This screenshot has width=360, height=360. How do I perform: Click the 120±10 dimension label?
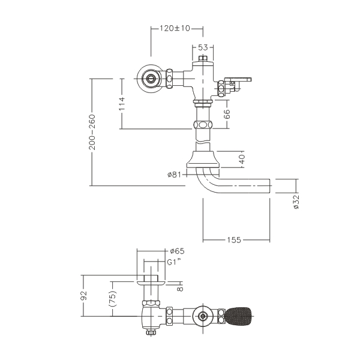point(175,28)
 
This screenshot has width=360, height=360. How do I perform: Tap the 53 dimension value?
point(203,47)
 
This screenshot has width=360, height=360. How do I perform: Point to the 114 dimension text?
point(122,103)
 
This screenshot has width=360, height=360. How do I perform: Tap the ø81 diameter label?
point(174,175)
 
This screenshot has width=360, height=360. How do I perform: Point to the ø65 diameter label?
point(176,251)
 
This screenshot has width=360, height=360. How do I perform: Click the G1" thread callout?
point(175,262)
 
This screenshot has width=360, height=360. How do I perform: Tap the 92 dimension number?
point(84,296)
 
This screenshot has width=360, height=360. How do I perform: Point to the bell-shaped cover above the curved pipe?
point(203,160)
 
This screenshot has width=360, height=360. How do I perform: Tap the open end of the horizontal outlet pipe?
point(269,186)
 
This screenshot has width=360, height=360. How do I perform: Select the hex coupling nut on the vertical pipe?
point(203,127)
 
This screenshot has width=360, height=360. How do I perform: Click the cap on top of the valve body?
point(203,59)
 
